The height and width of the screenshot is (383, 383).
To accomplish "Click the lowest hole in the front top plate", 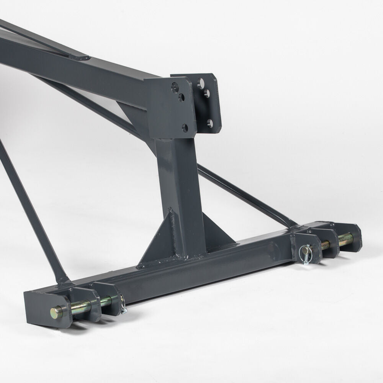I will (x=185, y=127).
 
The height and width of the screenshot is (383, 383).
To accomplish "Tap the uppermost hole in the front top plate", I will (x=175, y=85).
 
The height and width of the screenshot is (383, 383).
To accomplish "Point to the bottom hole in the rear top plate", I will (x=210, y=123).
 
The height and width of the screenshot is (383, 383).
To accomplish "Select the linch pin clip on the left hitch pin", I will (x=123, y=306).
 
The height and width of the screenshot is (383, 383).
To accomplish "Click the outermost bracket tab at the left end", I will (x=38, y=306).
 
